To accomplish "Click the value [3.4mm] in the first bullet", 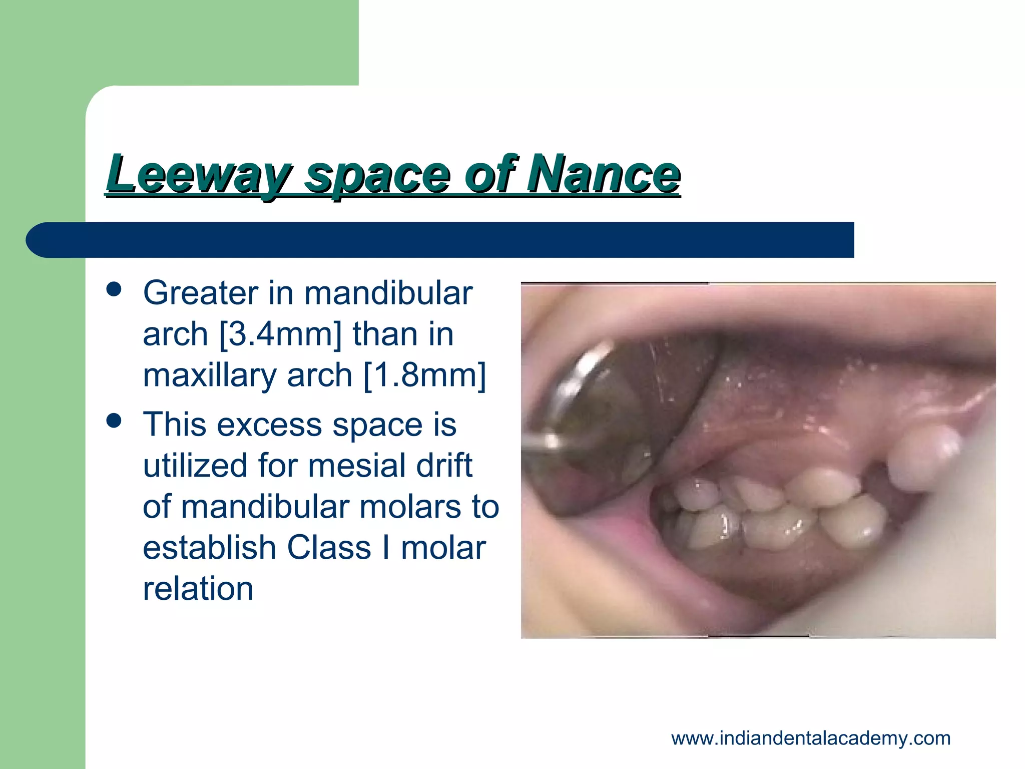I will click(x=280, y=334).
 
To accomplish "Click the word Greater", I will click(x=200, y=293).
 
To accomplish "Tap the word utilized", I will click(x=195, y=466).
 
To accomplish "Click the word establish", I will click(x=208, y=547).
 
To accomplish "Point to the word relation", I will click(x=198, y=588).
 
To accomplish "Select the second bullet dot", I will click(x=114, y=421).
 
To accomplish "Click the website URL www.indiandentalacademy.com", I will click(x=811, y=738).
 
